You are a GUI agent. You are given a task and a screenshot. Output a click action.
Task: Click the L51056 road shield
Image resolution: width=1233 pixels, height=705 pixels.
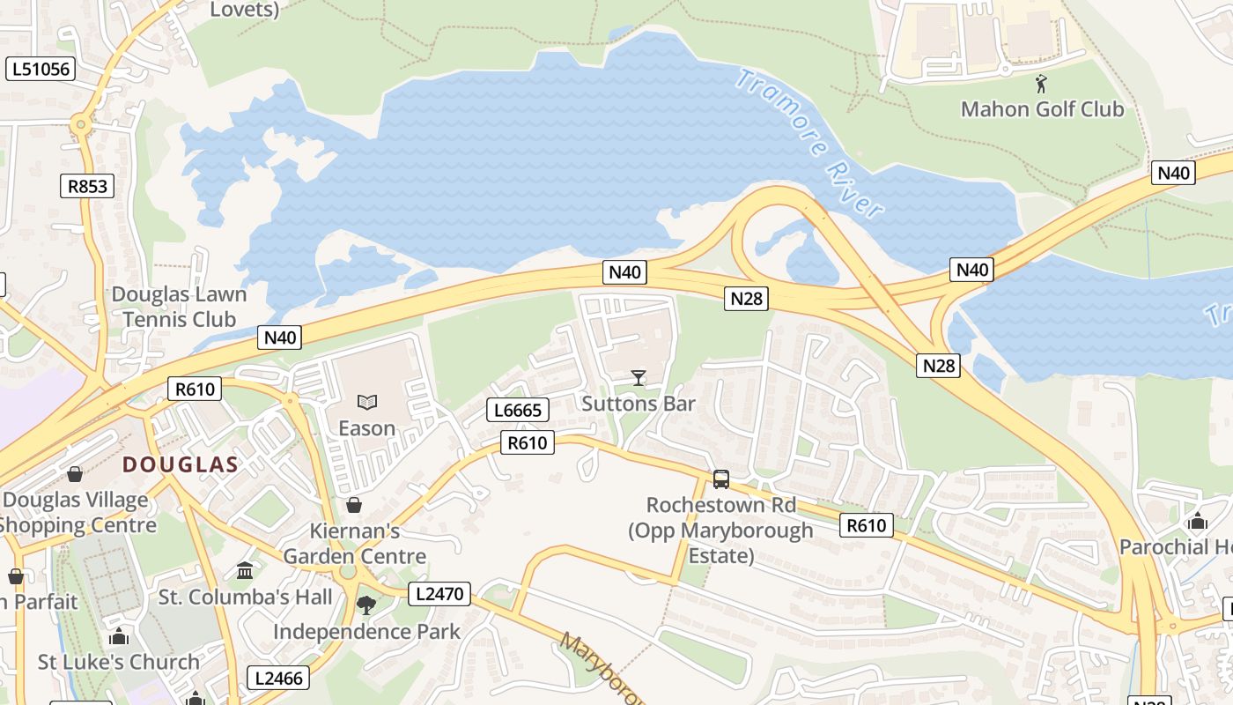pos(41,69)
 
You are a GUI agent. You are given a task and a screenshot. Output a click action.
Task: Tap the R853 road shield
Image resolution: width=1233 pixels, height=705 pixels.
pos(87,186)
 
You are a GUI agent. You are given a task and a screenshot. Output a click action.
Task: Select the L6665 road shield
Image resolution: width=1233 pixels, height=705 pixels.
pos(518,410)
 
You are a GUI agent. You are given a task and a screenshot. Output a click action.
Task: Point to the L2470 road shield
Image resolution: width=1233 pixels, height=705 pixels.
pos(439,594)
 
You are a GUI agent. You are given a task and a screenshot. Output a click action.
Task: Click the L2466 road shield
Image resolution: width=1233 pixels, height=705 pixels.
pos(278,678)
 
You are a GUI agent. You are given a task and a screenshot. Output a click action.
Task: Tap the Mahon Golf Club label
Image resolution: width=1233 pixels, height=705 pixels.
pos(1042,109)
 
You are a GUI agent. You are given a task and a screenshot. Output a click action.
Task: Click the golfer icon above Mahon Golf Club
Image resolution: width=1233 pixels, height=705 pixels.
pos(1042,85)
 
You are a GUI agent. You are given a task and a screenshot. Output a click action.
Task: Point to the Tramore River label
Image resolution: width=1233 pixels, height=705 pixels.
pos(808,144)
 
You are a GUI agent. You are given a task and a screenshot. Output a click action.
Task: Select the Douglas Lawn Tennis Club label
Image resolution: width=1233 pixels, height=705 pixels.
pos(180,307)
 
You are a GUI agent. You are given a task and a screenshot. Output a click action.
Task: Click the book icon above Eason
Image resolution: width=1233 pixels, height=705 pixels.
pos(367,403)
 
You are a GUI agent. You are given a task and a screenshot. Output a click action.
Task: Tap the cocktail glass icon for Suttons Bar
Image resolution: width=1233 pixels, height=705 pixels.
pos(639,378)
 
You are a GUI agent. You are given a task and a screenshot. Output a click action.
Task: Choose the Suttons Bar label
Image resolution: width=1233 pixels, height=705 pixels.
pos(639,404)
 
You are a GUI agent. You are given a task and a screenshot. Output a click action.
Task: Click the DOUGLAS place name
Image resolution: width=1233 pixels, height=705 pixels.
pos(180,464)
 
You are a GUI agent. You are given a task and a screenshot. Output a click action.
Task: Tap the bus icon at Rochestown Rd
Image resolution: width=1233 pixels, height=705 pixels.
pos(721,479)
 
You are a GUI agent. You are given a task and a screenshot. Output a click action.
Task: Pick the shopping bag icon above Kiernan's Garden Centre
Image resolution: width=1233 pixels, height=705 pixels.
pos(354,505)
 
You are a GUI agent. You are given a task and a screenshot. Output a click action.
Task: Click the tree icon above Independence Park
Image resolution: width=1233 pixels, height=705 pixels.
pos(366,605)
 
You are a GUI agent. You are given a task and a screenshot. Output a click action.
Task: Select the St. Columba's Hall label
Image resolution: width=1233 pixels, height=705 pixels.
pos(246,597)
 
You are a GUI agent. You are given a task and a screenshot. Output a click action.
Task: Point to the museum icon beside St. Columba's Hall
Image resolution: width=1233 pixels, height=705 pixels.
pos(245,571)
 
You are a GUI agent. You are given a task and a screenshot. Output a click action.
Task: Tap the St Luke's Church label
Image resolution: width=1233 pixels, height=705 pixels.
pos(118,662)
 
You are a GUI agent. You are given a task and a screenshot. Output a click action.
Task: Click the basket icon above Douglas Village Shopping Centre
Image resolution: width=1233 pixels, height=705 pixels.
pos(75,475)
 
